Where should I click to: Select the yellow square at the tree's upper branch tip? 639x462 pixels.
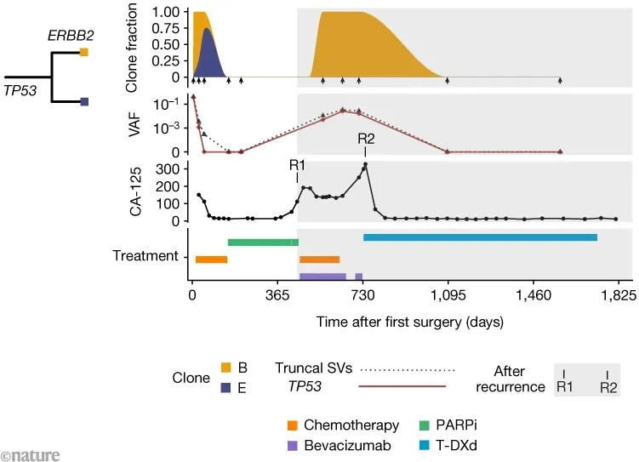click(x=84, y=52)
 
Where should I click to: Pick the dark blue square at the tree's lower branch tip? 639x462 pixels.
click(x=84, y=102)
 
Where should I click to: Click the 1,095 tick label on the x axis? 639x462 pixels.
click(x=448, y=297)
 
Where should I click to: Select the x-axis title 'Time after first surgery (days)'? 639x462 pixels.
click(x=404, y=322)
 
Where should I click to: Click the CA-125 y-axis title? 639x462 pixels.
click(x=134, y=191)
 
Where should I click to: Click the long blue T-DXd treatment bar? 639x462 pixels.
click(x=480, y=237)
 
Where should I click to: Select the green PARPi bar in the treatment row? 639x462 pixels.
click(x=263, y=242)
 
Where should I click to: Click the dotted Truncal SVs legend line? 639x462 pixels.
click(x=408, y=369)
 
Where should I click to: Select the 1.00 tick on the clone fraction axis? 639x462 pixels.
click(x=167, y=13)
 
